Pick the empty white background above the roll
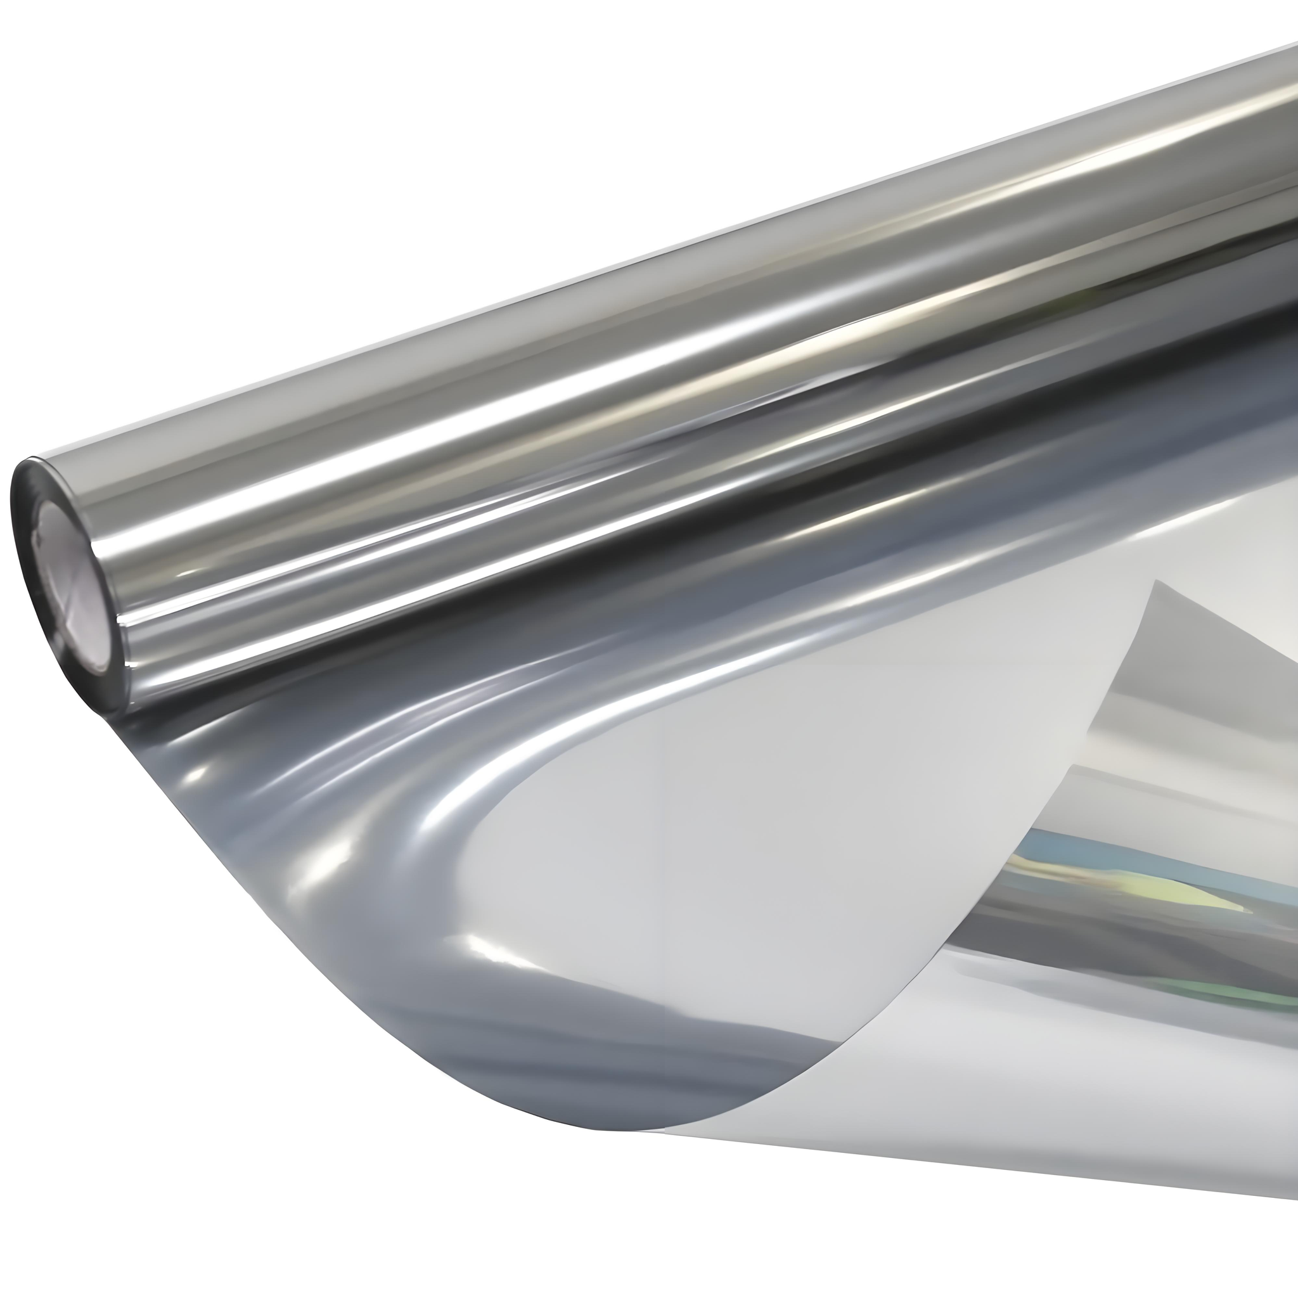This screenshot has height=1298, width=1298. [336, 168]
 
